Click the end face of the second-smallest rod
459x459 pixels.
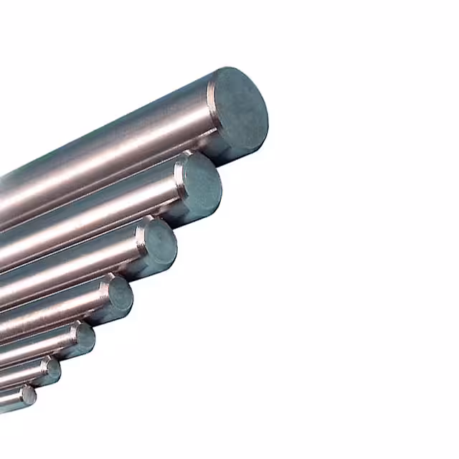(52, 370)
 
